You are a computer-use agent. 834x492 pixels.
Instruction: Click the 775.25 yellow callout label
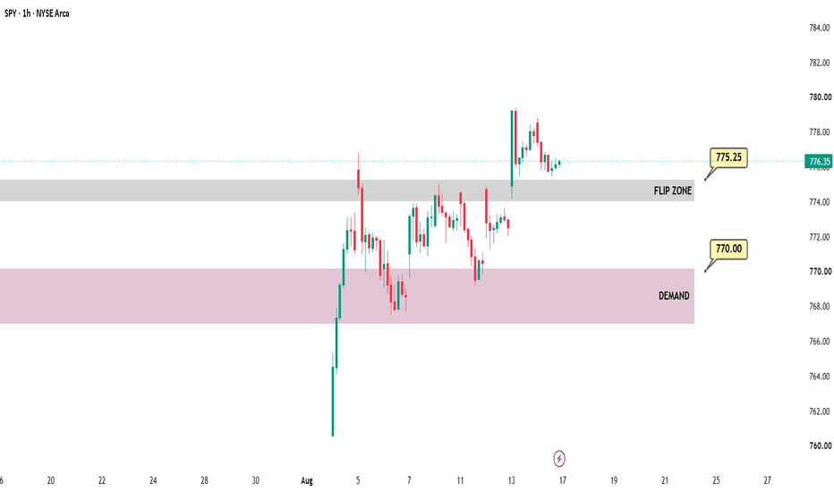[x=728, y=157]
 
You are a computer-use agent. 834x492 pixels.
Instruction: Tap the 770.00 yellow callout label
[x=728, y=249]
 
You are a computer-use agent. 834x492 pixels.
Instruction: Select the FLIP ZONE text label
[x=673, y=191]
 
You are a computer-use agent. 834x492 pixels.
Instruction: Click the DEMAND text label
[x=674, y=296]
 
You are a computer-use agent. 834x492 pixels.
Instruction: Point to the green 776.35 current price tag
[x=819, y=161]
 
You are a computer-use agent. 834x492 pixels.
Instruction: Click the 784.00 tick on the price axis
[x=819, y=28]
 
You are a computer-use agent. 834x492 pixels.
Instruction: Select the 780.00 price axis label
[x=820, y=98]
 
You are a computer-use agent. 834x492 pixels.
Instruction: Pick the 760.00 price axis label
[x=820, y=445]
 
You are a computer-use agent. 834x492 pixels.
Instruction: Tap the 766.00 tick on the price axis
[x=819, y=342]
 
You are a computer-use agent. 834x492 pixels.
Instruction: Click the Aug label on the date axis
[x=307, y=481]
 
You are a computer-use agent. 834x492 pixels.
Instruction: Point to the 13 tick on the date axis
[x=511, y=481]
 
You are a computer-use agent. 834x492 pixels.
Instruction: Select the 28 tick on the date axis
[x=204, y=481]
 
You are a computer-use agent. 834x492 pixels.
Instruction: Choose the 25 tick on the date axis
[x=716, y=481]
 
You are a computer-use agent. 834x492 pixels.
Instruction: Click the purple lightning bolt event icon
[x=559, y=459]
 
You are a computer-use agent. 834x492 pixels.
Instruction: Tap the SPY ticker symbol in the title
[x=10, y=13]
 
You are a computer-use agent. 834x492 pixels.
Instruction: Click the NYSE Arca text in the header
[x=52, y=13]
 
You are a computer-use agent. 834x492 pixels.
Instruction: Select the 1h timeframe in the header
[x=26, y=13]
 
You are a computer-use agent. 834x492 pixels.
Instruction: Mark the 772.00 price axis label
[x=819, y=237]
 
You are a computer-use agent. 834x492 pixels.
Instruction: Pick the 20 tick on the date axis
[x=50, y=481]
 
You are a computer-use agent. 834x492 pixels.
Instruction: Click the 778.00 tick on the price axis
[x=819, y=132]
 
